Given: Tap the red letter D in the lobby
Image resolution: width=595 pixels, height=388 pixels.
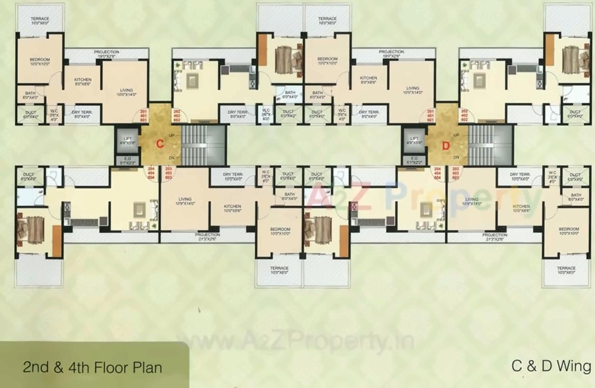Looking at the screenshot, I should (x=446, y=146).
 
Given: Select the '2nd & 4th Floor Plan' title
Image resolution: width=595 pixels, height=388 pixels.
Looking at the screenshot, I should (x=92, y=367).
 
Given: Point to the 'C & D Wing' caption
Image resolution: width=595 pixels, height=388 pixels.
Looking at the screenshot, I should (x=551, y=366).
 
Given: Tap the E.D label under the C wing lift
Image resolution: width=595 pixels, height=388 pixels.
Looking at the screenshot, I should (x=127, y=160).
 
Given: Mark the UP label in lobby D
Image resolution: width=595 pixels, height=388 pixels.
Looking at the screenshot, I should (x=457, y=135).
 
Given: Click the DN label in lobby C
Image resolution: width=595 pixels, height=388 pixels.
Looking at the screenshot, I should (x=170, y=158).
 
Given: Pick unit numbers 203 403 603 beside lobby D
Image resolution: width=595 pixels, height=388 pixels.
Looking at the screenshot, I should (x=455, y=173).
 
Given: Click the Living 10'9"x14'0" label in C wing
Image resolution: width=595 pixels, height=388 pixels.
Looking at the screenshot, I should (x=185, y=201).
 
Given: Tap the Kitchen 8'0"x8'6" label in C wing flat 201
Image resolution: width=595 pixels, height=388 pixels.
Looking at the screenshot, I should (x=82, y=82).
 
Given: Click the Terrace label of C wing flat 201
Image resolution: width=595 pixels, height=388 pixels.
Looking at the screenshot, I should (x=40, y=20).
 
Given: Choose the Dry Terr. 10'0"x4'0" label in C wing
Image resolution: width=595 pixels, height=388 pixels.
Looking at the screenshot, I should (x=234, y=176).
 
